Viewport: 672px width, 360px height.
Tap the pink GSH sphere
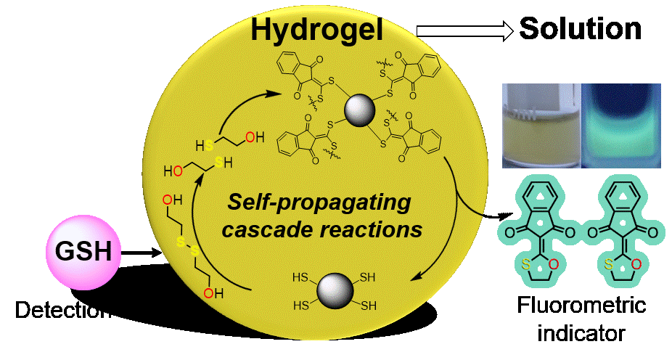point(84,253)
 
